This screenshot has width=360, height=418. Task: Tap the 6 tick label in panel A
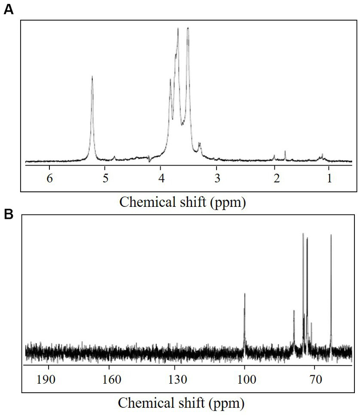coord(49,179)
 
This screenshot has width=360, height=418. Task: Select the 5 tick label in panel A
coord(105,179)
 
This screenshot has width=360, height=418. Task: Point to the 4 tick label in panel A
coord(161,179)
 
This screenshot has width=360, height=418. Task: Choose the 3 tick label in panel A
coord(217,179)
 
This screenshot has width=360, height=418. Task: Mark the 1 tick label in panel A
coord(329,179)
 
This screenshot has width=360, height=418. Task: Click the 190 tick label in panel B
coord(48,379)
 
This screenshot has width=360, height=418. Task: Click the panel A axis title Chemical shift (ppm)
coord(182,202)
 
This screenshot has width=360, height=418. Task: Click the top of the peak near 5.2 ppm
coord(92,76)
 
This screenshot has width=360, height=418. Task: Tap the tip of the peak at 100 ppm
coord(244,294)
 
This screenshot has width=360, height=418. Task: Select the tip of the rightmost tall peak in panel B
coord(331,235)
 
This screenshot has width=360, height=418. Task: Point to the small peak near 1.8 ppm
coord(285,151)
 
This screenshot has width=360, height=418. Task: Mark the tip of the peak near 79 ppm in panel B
coord(294,310)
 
